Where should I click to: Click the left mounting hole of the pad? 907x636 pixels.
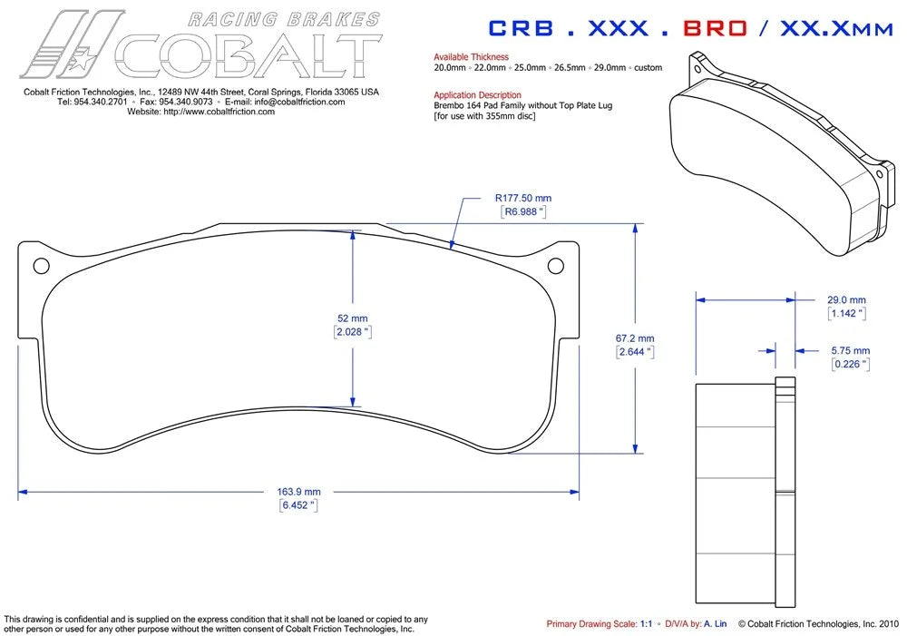pyautogui.click(x=41, y=266)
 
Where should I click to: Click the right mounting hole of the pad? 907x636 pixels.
pyautogui.click(x=555, y=266)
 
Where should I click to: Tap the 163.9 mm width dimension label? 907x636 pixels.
pyautogui.click(x=298, y=492)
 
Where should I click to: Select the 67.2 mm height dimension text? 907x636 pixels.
pyautogui.click(x=635, y=338)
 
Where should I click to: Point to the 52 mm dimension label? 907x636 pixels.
pyautogui.click(x=352, y=318)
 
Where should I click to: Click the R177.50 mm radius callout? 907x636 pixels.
pyautogui.click(x=523, y=198)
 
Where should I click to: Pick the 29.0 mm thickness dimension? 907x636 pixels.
pyautogui.click(x=846, y=299)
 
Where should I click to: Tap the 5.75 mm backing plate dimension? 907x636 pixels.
pyautogui.click(x=851, y=351)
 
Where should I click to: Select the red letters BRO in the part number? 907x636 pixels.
pyautogui.click(x=715, y=28)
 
